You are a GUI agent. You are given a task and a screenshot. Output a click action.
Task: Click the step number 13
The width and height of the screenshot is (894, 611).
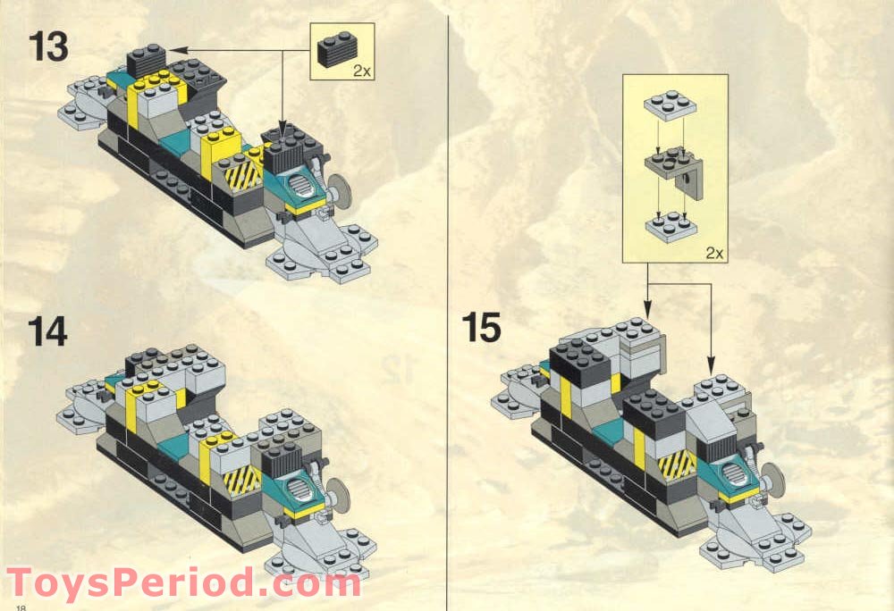48,46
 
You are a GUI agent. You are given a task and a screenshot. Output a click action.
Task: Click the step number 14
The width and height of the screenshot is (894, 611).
48,331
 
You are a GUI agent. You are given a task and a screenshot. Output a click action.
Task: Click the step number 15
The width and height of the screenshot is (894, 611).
482,328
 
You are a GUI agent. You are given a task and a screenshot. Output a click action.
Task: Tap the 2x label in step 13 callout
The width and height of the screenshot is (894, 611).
361,71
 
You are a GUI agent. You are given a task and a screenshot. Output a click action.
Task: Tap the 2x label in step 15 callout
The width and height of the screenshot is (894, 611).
713,253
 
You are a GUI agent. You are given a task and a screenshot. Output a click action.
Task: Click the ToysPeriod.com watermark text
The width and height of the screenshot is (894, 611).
183,583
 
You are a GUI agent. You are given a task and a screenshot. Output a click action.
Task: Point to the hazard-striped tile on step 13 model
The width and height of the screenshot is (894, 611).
241,170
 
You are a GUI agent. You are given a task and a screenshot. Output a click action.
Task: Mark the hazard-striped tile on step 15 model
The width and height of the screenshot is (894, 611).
677,464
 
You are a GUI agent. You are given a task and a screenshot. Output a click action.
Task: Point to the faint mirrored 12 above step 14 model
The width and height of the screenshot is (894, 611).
398,364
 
